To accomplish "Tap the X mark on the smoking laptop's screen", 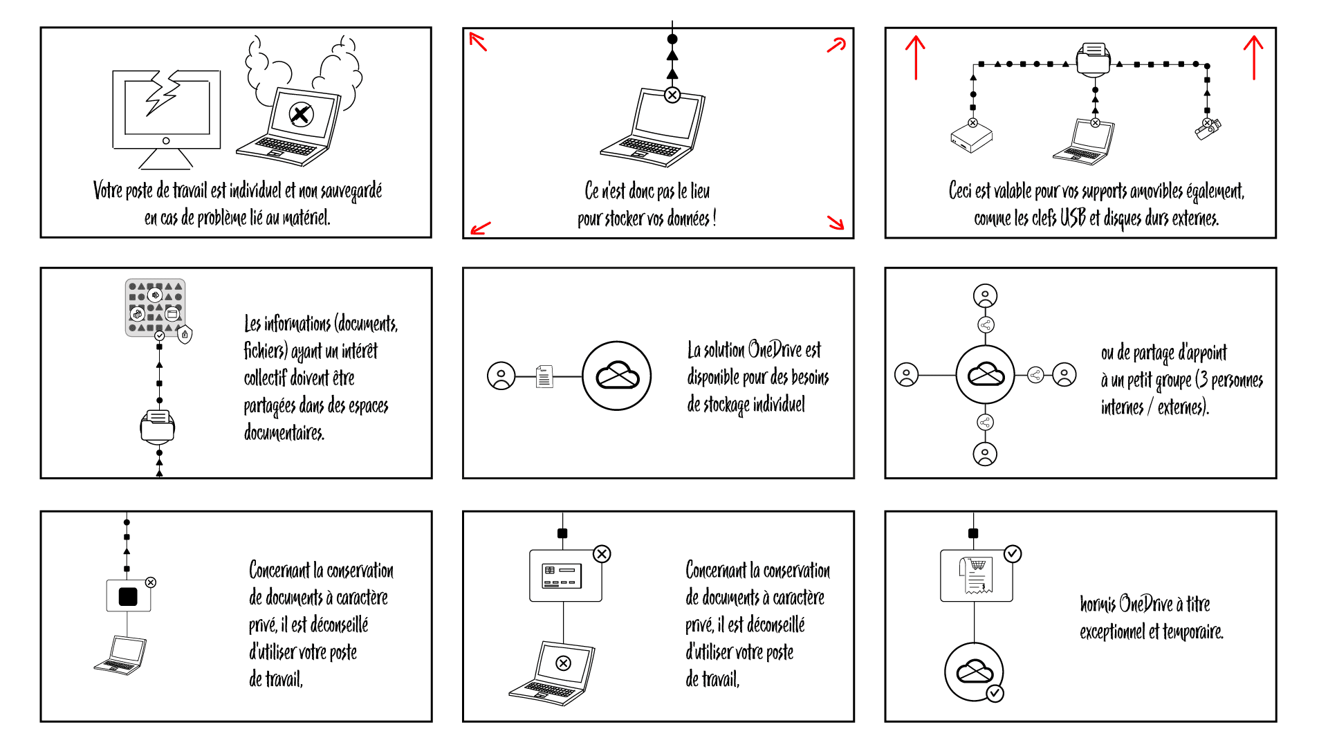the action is point(301,113).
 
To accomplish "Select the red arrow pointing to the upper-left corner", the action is point(478,41).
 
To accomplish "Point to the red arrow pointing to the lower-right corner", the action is point(836,221).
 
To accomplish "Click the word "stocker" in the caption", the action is point(628,219).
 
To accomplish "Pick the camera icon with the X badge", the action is point(1208,128).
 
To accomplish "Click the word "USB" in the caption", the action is point(1073,218).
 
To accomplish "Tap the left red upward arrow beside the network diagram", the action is point(915,57).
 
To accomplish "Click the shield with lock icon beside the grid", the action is point(185,335).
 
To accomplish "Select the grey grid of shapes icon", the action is point(155,308).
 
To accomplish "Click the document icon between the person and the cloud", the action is point(544,376).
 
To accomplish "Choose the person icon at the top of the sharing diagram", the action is point(985,295).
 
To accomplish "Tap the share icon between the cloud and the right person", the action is point(1035,375).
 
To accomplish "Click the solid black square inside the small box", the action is point(128,596).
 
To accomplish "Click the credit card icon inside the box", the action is point(561,575).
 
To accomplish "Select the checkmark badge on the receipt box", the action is point(1013,553).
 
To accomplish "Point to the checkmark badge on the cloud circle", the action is point(995,693).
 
